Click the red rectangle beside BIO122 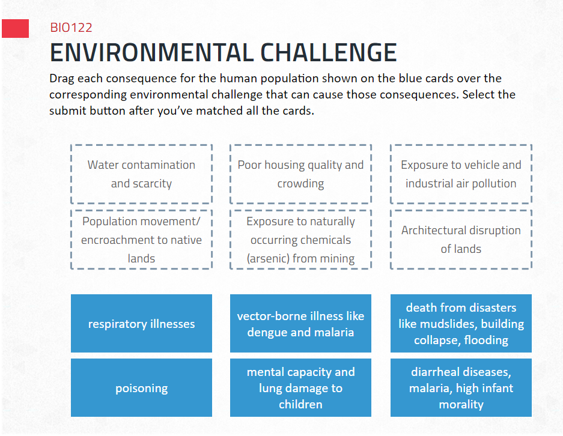[15, 28]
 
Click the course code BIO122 [71, 28]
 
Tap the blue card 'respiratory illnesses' [141, 324]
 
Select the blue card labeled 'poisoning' [141, 388]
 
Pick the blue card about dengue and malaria [300, 324]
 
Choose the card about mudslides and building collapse [461, 324]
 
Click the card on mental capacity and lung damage [300, 388]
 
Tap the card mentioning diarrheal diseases [461, 388]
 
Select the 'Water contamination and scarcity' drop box [141, 174]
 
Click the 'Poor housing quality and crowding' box [300, 174]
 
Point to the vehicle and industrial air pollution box [461, 174]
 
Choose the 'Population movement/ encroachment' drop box [141, 240]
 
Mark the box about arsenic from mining [300, 240]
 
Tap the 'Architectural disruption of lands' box [461, 240]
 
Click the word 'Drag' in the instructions [64, 79]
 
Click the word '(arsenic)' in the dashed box [268, 259]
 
